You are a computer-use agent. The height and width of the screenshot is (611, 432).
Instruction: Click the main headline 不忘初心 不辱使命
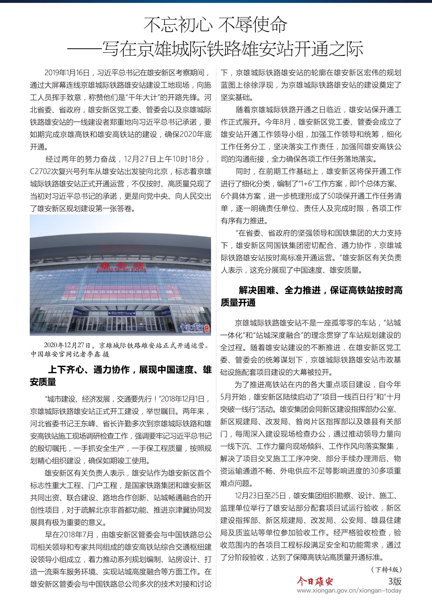215,25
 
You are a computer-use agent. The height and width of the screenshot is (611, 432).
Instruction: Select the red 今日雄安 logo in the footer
315,581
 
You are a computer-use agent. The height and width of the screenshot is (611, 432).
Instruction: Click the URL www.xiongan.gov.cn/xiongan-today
349,591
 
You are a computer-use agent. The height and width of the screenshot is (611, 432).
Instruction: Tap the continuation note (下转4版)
386,569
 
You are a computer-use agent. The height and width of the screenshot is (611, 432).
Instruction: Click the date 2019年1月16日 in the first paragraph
67,73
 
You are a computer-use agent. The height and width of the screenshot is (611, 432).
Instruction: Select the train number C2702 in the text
40,171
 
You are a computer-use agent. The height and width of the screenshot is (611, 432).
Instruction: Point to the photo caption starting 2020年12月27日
126,345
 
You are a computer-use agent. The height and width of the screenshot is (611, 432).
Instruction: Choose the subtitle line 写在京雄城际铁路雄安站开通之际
233,49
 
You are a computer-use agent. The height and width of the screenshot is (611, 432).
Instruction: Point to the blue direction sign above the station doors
122,313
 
